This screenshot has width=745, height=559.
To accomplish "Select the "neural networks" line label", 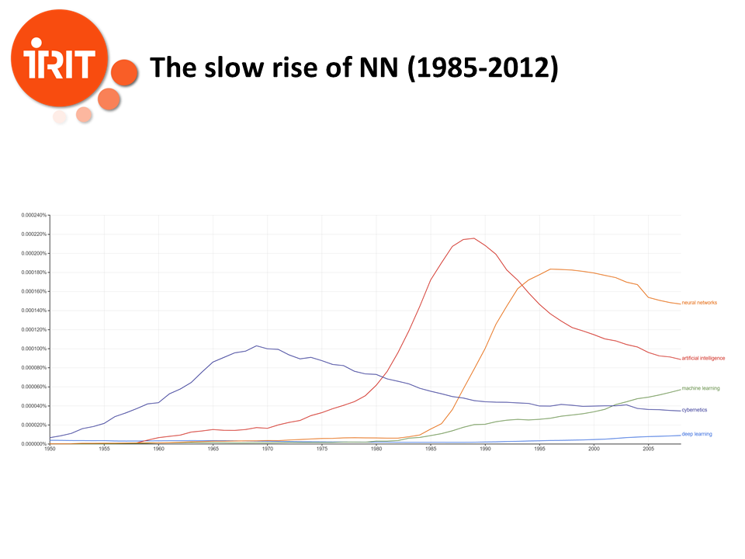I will (699, 303).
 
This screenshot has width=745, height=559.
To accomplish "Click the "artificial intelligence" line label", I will (703, 358).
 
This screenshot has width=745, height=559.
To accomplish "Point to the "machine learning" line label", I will (701, 388).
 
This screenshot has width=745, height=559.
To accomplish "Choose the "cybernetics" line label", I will (694, 410).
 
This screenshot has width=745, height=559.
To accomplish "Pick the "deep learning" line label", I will (697, 434).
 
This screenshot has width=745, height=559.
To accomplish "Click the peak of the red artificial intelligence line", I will (473, 238).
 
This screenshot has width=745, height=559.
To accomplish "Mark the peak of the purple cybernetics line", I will (257, 345).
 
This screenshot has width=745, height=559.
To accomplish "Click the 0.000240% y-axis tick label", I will (34, 215).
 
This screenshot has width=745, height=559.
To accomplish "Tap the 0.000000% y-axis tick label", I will (34, 444).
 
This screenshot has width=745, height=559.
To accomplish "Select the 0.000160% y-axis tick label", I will (34, 291).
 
